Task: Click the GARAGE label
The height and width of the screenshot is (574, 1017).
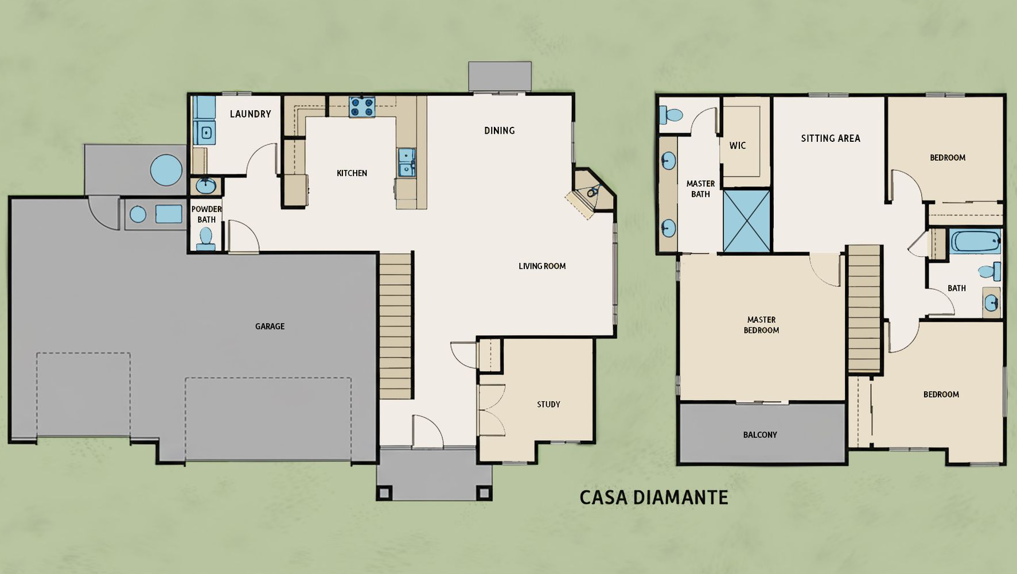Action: [x=270, y=326]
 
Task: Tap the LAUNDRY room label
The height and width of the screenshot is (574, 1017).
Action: [x=250, y=114]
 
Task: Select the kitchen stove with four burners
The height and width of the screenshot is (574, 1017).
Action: [x=362, y=107]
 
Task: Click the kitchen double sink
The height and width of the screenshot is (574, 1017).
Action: [x=407, y=162]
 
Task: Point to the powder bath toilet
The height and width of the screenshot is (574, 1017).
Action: [x=205, y=239]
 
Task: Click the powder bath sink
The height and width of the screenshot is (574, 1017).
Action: [x=205, y=185]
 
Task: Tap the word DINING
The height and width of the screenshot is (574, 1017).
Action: [x=499, y=130]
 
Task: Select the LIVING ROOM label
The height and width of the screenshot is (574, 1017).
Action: [x=542, y=266]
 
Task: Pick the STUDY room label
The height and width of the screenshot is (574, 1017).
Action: [x=548, y=404]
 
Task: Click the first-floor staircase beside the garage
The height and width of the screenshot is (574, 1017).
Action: [x=396, y=325]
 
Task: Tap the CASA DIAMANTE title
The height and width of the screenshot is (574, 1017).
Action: [x=653, y=497]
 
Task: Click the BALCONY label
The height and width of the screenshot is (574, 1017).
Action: [x=760, y=435]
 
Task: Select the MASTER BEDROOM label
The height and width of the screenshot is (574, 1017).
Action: [x=761, y=325]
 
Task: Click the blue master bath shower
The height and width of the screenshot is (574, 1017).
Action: [x=746, y=222]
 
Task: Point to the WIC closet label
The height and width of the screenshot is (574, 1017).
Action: [x=738, y=145]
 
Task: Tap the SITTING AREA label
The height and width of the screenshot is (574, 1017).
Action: [x=831, y=138]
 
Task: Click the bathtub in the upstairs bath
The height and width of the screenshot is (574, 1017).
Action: [x=976, y=242]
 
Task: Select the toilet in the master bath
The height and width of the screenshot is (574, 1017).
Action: [x=671, y=115]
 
